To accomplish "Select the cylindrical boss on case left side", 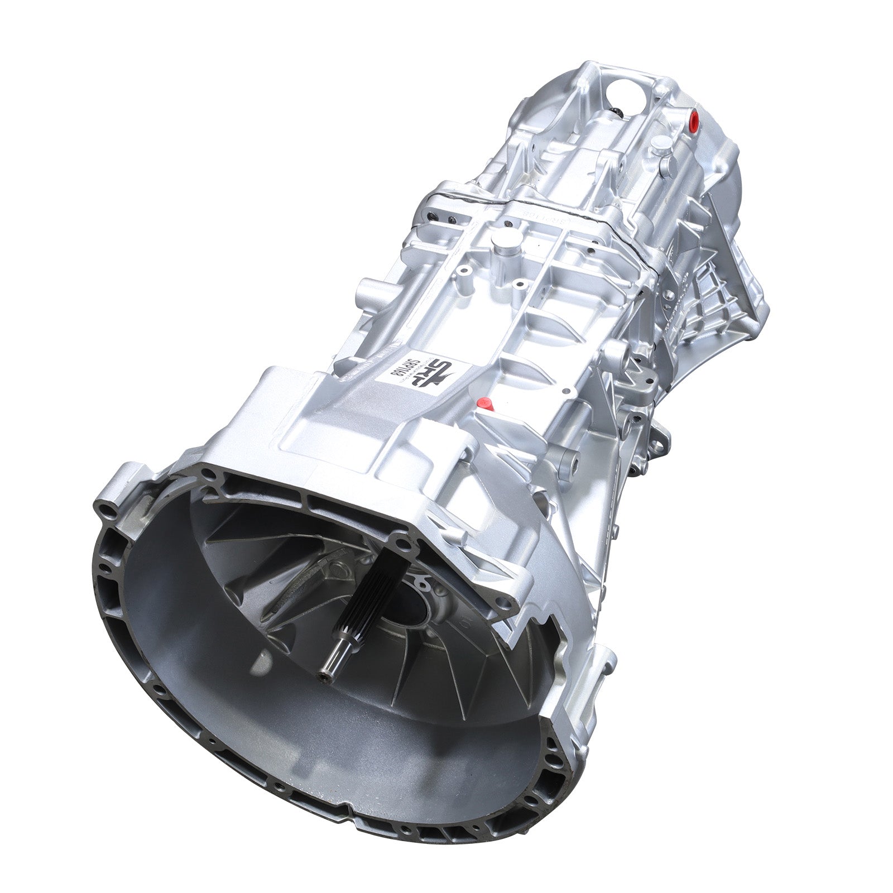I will tap(369, 291).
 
